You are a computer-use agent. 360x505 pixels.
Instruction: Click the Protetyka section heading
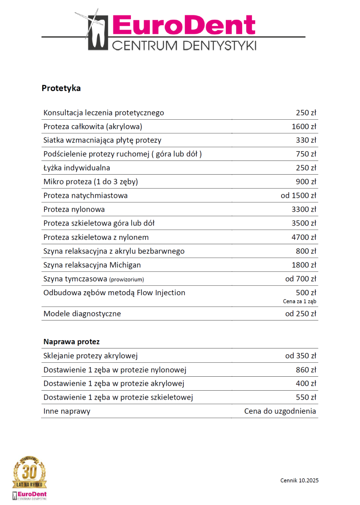[61, 88]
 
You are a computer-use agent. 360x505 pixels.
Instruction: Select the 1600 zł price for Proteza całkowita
[304, 126]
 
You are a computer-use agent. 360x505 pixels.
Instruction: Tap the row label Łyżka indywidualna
[76, 168]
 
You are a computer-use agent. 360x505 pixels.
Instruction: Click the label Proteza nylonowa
[74, 209]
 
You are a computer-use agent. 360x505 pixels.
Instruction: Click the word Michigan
[125, 265]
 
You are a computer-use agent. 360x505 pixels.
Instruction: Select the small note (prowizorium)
[126, 280]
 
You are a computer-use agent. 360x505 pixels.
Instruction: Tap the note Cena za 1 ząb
[300, 301]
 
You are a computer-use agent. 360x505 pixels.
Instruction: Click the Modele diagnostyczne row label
[82, 314]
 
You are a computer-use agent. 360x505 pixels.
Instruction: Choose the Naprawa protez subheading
[71, 342]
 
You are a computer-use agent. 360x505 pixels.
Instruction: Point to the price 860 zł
[306, 370]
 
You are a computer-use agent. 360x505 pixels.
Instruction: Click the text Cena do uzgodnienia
[280, 411]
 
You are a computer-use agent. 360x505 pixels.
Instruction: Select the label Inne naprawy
[67, 411]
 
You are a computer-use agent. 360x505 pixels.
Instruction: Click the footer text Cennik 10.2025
[299, 481]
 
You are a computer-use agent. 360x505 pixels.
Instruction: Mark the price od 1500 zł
[298, 195]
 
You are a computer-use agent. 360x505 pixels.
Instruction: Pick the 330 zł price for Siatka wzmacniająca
[306, 140]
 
